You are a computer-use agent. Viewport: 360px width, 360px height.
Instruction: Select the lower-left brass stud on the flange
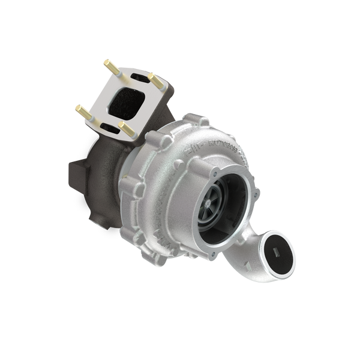coord(80,109)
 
